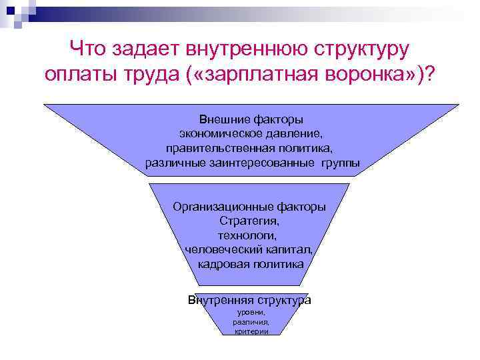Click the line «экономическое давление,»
[251, 134]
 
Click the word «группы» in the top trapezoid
[339, 162]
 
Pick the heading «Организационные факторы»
[249, 207]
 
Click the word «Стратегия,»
[249, 221]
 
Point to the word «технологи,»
[249, 235]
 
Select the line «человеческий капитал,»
[249, 249]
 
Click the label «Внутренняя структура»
[249, 300]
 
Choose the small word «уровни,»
[251, 312]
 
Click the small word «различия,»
[251, 321]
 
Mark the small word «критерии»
[251, 331]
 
